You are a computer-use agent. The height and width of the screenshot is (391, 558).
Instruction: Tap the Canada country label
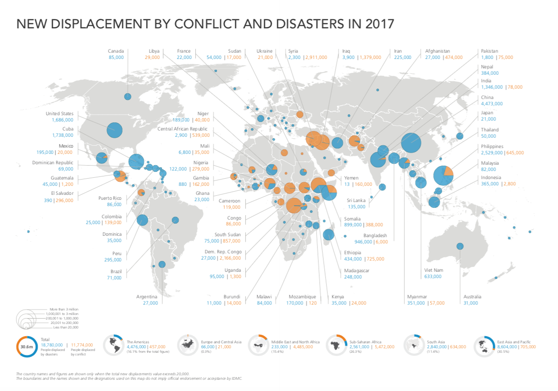116,51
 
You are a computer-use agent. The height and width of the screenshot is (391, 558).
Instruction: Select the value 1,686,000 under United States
60,120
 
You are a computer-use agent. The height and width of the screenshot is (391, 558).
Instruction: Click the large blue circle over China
411,143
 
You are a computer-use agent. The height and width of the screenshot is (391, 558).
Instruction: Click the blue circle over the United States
114,130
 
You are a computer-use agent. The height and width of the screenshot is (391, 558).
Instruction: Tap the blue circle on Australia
460,246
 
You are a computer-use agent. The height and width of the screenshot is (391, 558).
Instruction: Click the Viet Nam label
433,270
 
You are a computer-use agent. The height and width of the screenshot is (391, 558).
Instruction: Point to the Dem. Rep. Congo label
223,252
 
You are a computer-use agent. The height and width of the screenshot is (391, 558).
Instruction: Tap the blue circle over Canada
127,96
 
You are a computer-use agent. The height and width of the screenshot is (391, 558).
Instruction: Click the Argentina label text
147,297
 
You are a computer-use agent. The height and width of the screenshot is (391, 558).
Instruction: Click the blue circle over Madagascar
328,234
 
